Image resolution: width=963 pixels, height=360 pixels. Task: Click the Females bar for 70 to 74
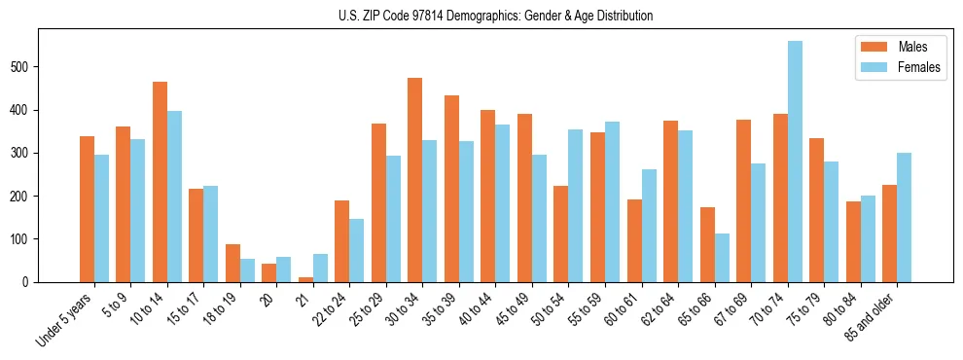(795, 162)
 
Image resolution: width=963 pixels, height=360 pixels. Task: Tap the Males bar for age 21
(305, 279)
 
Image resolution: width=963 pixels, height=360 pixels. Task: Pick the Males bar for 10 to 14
(160, 182)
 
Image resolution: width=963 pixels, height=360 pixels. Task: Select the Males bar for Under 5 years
(87, 209)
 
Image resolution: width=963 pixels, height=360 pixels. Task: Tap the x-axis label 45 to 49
(512, 310)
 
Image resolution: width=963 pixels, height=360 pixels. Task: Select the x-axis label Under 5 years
(65, 320)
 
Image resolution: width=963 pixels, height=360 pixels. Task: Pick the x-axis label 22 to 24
(330, 310)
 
